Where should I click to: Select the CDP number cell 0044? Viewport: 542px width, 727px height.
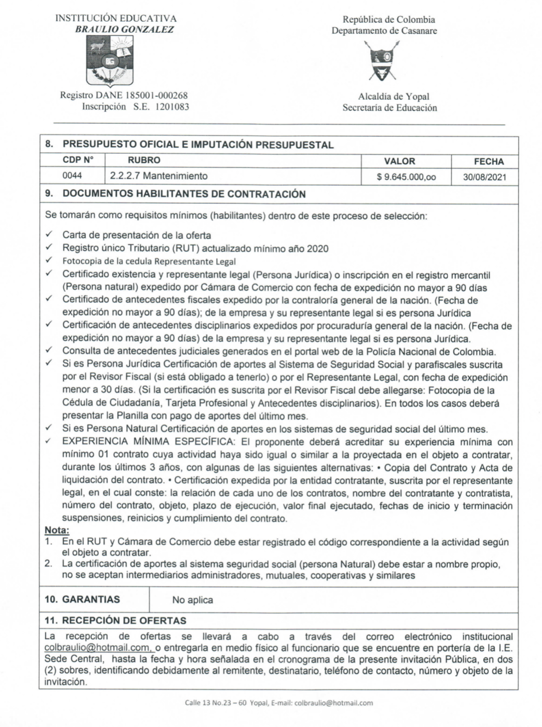(72, 176)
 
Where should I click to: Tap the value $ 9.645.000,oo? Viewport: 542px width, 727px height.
(406, 177)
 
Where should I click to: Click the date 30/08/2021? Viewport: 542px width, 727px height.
(485, 177)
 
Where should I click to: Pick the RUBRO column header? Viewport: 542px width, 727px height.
(144, 160)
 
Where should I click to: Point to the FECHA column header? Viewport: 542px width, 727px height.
(488, 161)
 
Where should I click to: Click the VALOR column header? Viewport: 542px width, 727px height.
(399, 161)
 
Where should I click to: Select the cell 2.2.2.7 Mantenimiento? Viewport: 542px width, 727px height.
(159, 176)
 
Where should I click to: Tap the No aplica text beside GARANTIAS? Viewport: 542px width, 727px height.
(193, 600)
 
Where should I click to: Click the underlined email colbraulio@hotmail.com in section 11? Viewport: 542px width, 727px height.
(97, 647)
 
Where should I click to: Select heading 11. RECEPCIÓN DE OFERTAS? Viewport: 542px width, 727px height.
(115, 620)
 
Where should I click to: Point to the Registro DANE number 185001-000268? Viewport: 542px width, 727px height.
(157, 95)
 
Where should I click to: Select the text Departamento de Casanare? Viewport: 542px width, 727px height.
(384, 31)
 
